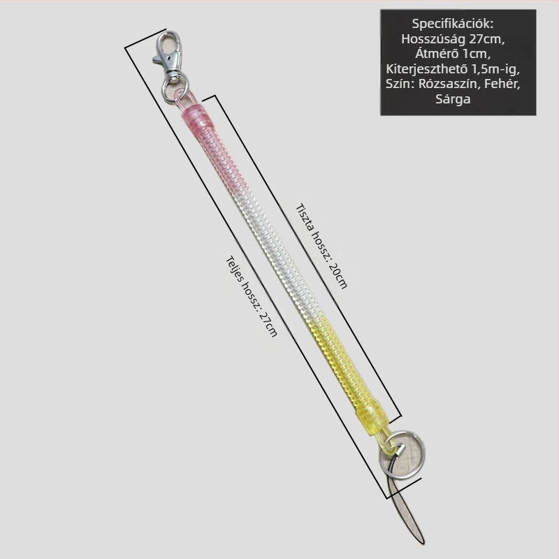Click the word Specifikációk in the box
pyautogui.click(x=453, y=24)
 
